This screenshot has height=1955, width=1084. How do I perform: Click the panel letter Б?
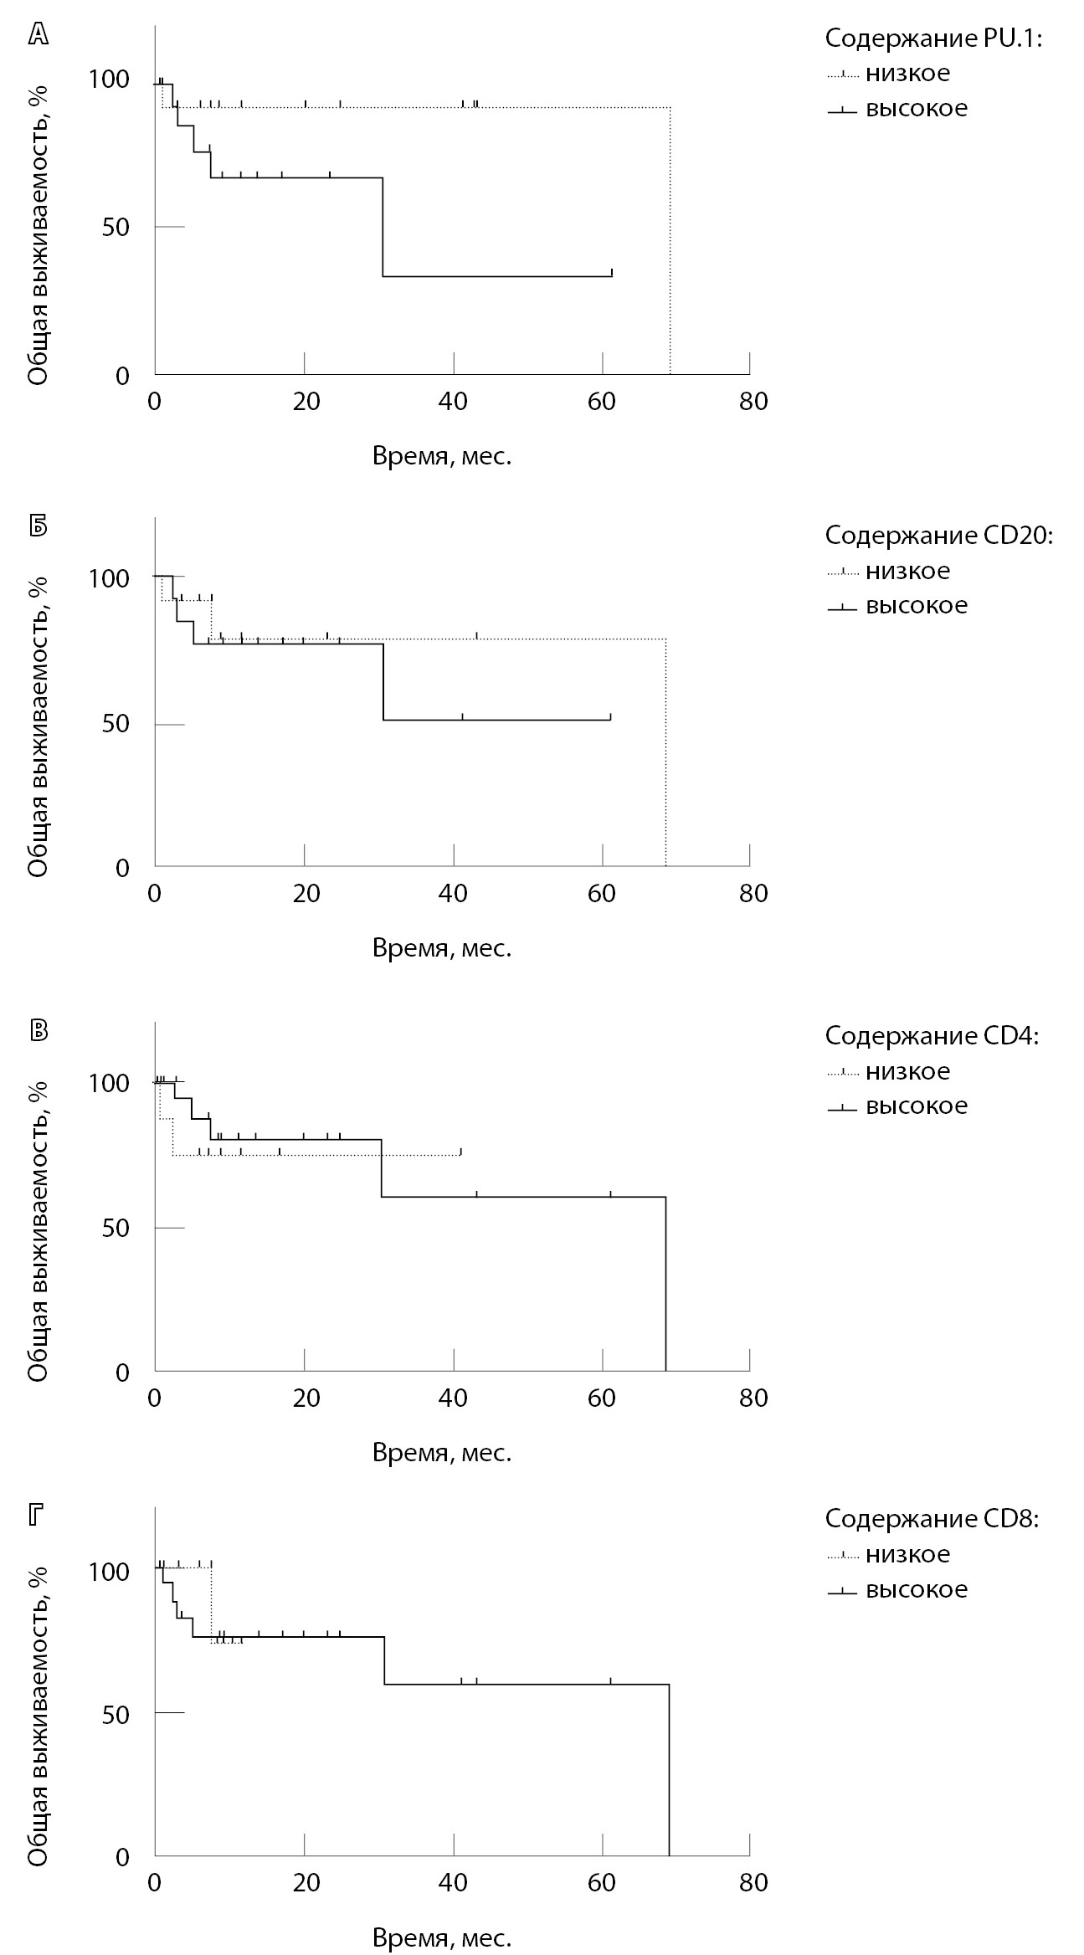click(x=39, y=527)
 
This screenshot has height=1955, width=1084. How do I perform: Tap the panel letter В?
click(x=39, y=1031)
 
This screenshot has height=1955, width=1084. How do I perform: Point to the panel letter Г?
click(x=37, y=1516)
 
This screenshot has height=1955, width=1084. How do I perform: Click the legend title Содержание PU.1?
click(x=933, y=38)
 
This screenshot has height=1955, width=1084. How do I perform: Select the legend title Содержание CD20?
click(x=938, y=536)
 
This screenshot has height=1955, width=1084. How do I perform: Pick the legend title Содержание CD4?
click(x=932, y=1036)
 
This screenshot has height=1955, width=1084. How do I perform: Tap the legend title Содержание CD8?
click(x=932, y=1519)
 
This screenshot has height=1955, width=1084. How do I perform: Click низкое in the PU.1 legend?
click(x=907, y=74)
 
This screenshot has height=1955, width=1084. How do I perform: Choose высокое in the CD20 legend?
click(x=916, y=606)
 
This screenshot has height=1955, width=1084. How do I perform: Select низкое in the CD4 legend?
click(x=907, y=1071)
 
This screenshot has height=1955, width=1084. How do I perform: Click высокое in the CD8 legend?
click(x=916, y=1589)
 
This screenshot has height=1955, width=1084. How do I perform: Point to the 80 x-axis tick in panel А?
click(x=753, y=403)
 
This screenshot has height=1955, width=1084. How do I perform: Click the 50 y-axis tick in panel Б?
click(x=116, y=724)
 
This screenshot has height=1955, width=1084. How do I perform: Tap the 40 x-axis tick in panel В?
click(x=454, y=1398)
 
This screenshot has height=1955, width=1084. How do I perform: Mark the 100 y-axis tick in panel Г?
click(x=109, y=1572)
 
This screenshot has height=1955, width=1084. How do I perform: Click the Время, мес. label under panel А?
click(x=441, y=457)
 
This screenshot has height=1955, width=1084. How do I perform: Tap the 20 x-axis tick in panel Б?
click(x=306, y=894)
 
